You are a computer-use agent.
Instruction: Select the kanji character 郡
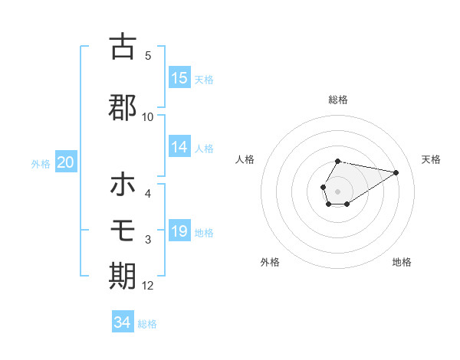click(123, 106)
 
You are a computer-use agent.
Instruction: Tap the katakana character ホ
click(123, 185)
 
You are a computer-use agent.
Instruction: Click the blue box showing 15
click(179, 78)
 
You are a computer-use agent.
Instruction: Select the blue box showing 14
click(179, 147)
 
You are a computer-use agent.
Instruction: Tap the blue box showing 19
click(179, 231)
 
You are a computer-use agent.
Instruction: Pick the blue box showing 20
click(65, 162)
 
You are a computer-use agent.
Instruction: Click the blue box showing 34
click(123, 322)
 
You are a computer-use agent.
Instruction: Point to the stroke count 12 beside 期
click(148, 286)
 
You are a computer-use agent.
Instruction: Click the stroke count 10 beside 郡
click(148, 117)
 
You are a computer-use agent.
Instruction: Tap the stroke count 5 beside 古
click(148, 56)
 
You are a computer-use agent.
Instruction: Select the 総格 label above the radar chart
click(337, 100)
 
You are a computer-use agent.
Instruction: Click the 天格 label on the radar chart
click(431, 159)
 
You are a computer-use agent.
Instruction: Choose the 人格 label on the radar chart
click(245, 159)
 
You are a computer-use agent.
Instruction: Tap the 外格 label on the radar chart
click(270, 262)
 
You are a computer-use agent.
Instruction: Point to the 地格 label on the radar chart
click(402, 262)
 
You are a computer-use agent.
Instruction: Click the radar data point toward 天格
click(396, 172)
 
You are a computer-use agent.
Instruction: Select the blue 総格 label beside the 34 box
click(147, 324)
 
